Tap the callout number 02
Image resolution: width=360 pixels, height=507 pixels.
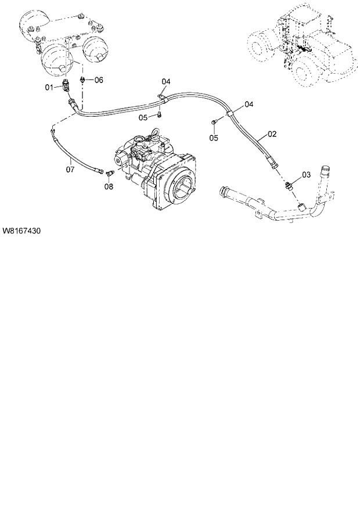pyautogui.click(x=272, y=134)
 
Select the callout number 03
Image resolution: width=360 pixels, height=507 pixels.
pyautogui.click(x=306, y=175)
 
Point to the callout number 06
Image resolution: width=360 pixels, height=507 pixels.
pyautogui.click(x=99, y=80)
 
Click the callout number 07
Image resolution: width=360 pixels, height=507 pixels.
pyautogui.click(x=70, y=170)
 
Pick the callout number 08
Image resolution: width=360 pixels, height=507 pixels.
pyautogui.click(x=109, y=186)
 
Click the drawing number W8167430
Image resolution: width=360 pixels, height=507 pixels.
pyautogui.click(x=21, y=231)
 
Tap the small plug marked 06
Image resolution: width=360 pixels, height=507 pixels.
pyautogui.click(x=85, y=80)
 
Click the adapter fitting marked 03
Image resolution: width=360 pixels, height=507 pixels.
pyautogui.click(x=289, y=185)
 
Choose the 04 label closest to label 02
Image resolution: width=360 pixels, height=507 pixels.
pyautogui.click(x=249, y=105)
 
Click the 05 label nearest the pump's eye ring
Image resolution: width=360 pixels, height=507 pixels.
pyautogui.click(x=143, y=118)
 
